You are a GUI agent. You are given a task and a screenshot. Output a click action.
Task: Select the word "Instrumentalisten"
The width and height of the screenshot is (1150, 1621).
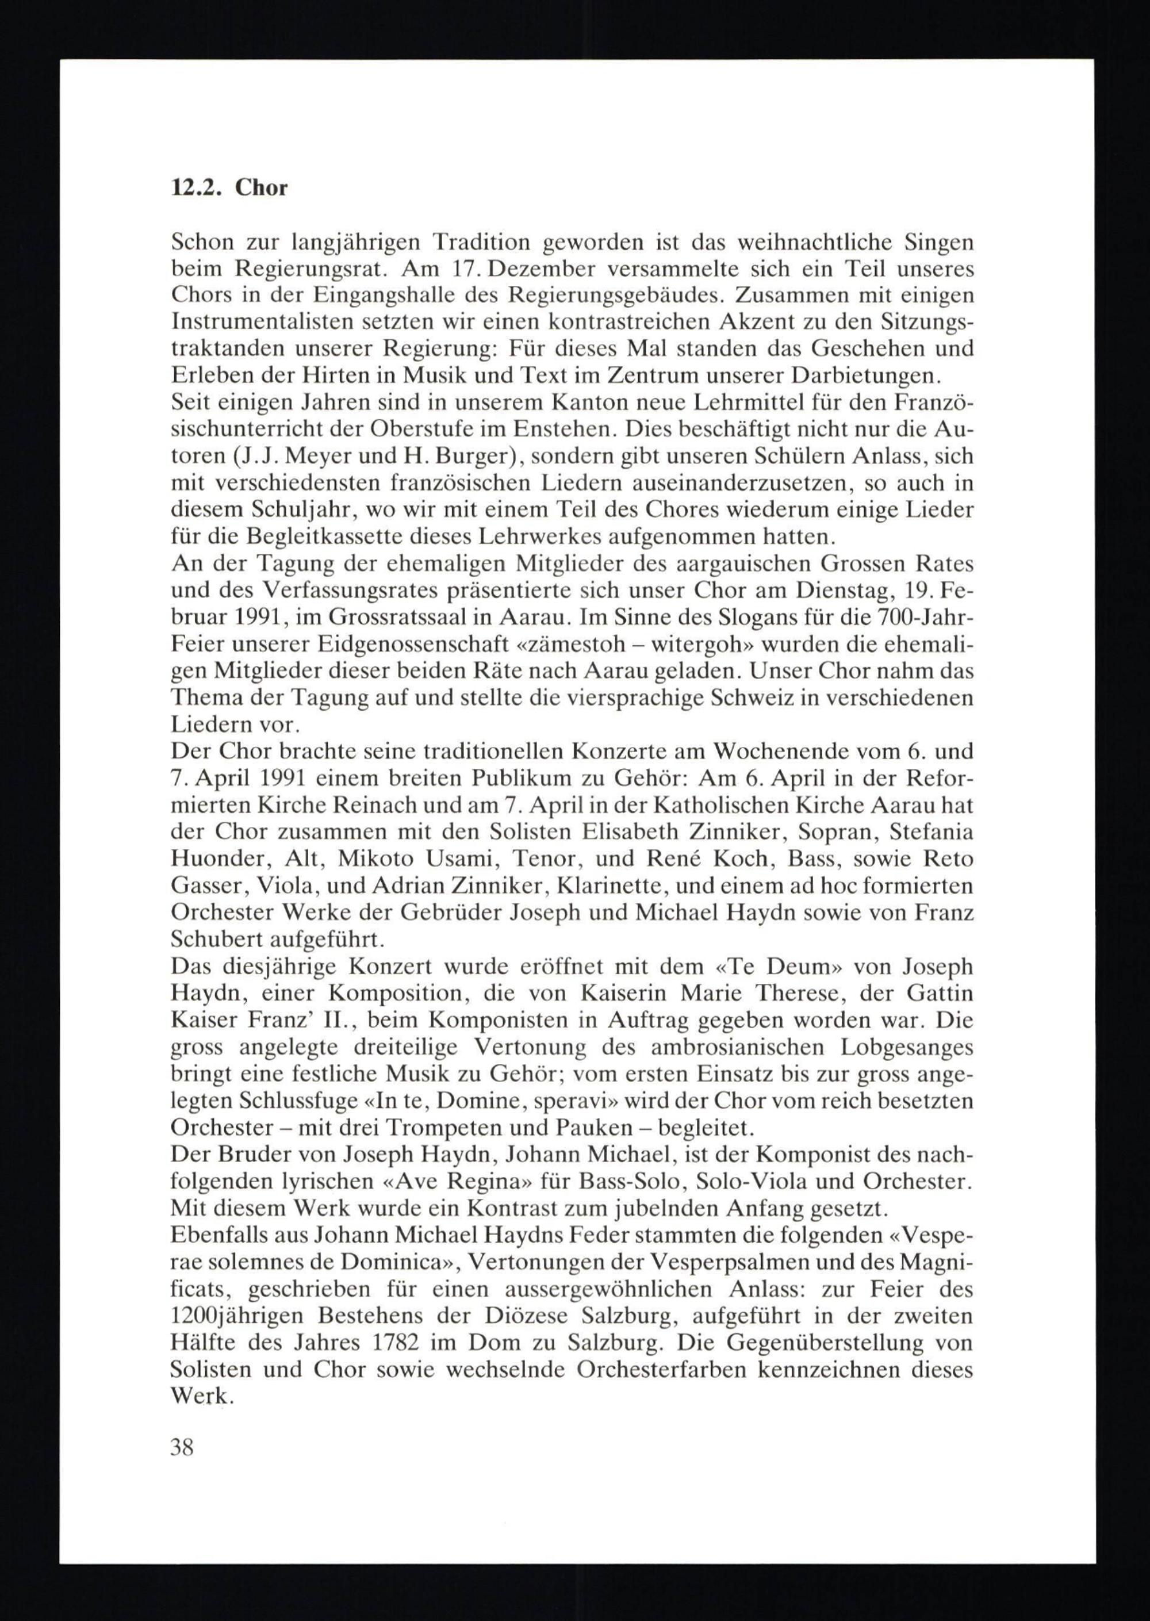point(261,321)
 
